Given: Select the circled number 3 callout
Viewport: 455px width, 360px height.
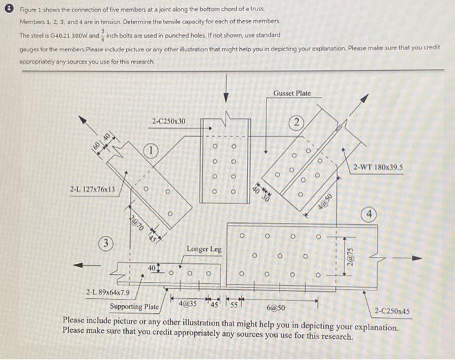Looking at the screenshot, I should [103, 244].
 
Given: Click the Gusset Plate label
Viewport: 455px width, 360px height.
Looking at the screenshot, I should [292, 94].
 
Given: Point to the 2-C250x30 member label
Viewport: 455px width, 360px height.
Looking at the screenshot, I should [168, 121].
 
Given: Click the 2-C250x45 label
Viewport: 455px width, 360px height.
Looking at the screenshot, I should [393, 311].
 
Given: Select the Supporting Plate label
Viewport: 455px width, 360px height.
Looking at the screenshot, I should [134, 306].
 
